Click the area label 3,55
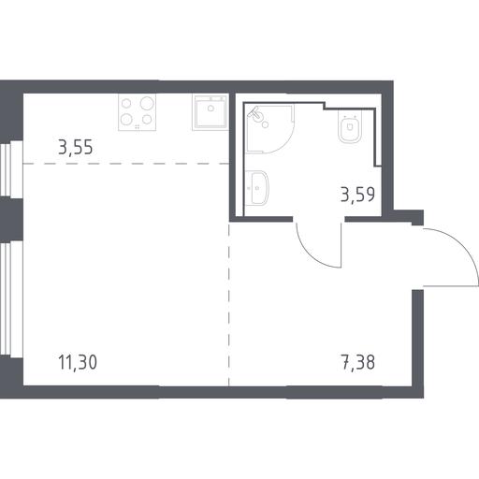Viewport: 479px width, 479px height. pos(76,147)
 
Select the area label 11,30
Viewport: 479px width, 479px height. pos(78,362)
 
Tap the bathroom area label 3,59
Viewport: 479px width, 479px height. pos(357,195)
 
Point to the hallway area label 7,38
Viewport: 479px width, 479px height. pos(357,362)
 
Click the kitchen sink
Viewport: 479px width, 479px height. pos(210,111)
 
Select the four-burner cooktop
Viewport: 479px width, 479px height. pos(137,111)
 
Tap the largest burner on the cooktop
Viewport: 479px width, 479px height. pos(147,103)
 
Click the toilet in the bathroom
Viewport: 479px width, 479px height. pos(350,128)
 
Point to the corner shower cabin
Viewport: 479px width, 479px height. pos(269,129)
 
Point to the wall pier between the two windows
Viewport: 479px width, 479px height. pos(11,219)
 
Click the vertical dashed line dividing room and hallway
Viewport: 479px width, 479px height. pos(229,304)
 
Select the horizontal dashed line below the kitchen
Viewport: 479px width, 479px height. pos(126,164)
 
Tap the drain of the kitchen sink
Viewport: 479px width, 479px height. pos(210,109)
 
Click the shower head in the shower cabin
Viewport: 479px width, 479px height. pos(256,114)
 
